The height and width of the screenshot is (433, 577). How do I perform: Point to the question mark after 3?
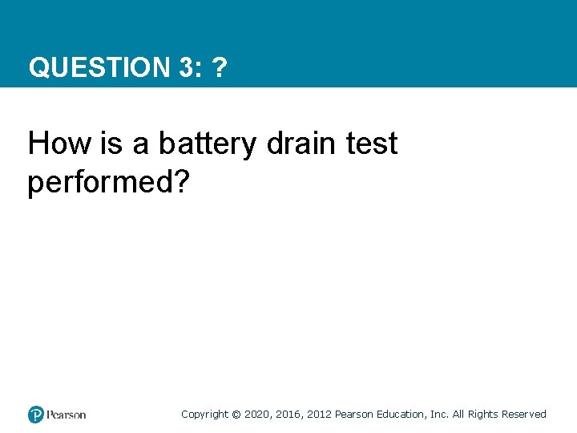219,68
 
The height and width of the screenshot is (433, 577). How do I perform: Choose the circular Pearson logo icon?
36,415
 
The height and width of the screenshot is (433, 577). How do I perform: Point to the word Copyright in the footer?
204,415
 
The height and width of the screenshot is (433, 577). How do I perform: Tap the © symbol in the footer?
236,415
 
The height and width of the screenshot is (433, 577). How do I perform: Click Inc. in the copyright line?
440,415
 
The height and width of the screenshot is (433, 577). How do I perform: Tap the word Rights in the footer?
483,415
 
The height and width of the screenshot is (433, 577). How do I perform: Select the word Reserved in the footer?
524,415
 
